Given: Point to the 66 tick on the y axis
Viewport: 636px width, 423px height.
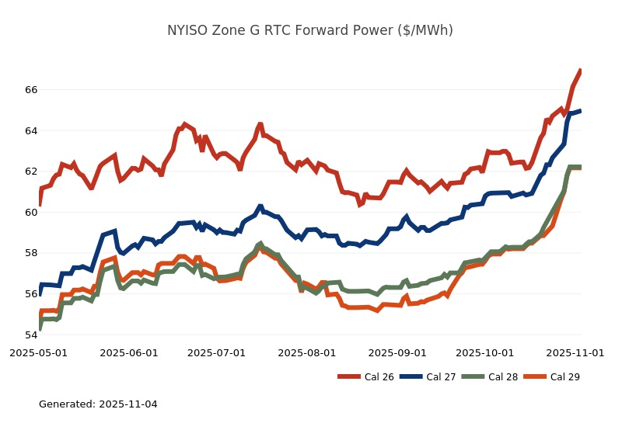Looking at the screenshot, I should [31, 90].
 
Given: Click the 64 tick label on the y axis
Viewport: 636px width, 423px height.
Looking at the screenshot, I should [31, 130].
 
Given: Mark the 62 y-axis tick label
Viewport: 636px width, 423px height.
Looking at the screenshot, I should [31, 172].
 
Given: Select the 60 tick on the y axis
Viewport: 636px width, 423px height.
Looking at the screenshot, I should [31, 212].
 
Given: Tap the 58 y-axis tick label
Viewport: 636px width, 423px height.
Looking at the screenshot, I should [31, 253].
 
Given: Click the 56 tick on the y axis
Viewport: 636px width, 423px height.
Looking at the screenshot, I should [31, 294].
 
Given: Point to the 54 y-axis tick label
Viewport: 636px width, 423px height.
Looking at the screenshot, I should [31, 335].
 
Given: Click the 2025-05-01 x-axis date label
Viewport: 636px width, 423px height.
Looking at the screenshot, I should [38, 352].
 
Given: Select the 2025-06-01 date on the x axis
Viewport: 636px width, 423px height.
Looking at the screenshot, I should [129, 352].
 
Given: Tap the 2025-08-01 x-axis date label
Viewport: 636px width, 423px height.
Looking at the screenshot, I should [308, 352].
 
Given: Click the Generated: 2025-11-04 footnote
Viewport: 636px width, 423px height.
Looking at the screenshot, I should [98, 404].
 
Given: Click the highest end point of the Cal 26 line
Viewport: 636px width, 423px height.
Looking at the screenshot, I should [581, 71].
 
